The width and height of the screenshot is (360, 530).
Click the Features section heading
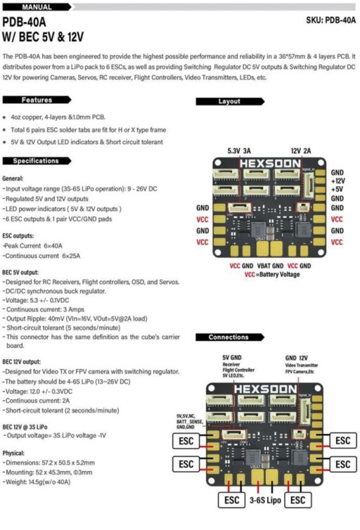pyautogui.click(x=37, y=101)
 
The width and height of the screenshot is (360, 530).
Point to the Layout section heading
pyautogui.click(x=229, y=101)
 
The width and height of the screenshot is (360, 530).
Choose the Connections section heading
pyautogui.click(x=229, y=337)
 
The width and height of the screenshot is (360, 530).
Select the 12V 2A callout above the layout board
pyautogui.click(x=302, y=151)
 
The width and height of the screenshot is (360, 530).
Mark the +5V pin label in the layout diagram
pyautogui.click(x=337, y=189)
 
